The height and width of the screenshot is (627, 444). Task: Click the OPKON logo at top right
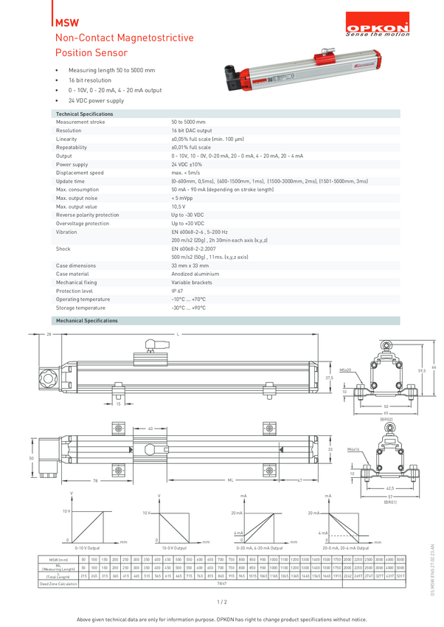pos(378,28)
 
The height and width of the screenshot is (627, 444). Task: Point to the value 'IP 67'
pos(178,291)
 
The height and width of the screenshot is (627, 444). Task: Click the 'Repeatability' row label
pos(72,148)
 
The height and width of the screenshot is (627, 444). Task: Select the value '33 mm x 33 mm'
pos(190,266)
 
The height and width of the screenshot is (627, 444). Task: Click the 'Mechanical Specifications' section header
pos(86,321)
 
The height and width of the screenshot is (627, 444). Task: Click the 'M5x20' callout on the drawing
pos(345,371)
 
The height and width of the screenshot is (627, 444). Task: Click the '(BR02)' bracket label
pos(386,419)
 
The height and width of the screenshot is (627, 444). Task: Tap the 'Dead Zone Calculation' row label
pos(58,583)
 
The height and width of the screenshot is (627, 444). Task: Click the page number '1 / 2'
pos(221,602)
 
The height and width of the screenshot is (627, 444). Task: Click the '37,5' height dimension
pos(329,378)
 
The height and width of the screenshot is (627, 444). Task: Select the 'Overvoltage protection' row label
pos(82,223)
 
